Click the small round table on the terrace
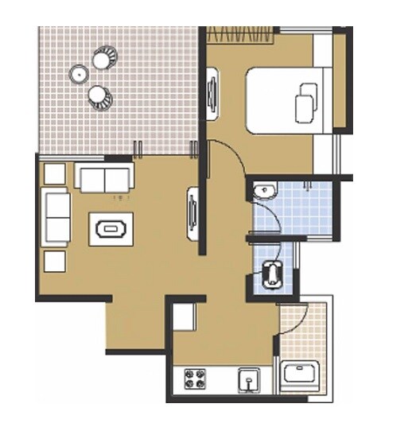[x=80, y=74]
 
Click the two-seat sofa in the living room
[x=104, y=177]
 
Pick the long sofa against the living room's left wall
[x=56, y=217]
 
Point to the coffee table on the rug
[x=111, y=229]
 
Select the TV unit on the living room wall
[x=192, y=213]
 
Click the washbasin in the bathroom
[x=264, y=190]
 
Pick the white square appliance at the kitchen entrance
[x=185, y=316]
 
